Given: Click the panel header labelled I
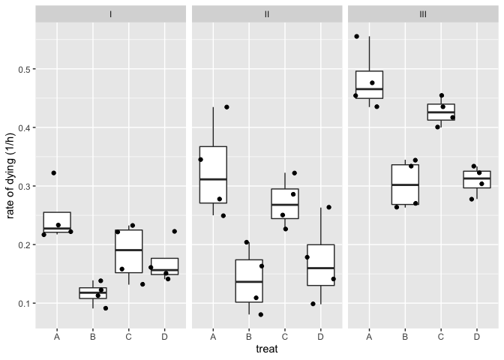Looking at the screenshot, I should [x=111, y=14].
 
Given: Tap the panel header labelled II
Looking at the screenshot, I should [x=267, y=14].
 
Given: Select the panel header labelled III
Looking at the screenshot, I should [x=423, y=14].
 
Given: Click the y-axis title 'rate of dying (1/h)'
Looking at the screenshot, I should [x=10, y=178].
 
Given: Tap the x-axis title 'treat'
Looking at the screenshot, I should [x=267, y=349].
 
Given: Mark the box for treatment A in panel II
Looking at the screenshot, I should [x=213, y=175].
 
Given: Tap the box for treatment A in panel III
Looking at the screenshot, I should [x=369, y=85].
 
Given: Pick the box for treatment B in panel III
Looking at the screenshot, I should [x=405, y=184].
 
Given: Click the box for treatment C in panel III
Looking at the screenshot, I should [x=441, y=111].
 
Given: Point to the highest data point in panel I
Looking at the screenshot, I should [x=53, y=173].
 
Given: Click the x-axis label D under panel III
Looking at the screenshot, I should [x=477, y=336].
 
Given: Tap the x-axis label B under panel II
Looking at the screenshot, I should [x=249, y=336].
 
